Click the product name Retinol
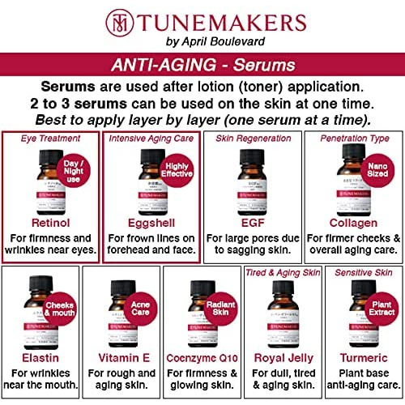tap(53, 198)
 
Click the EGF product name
tap(251, 198)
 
